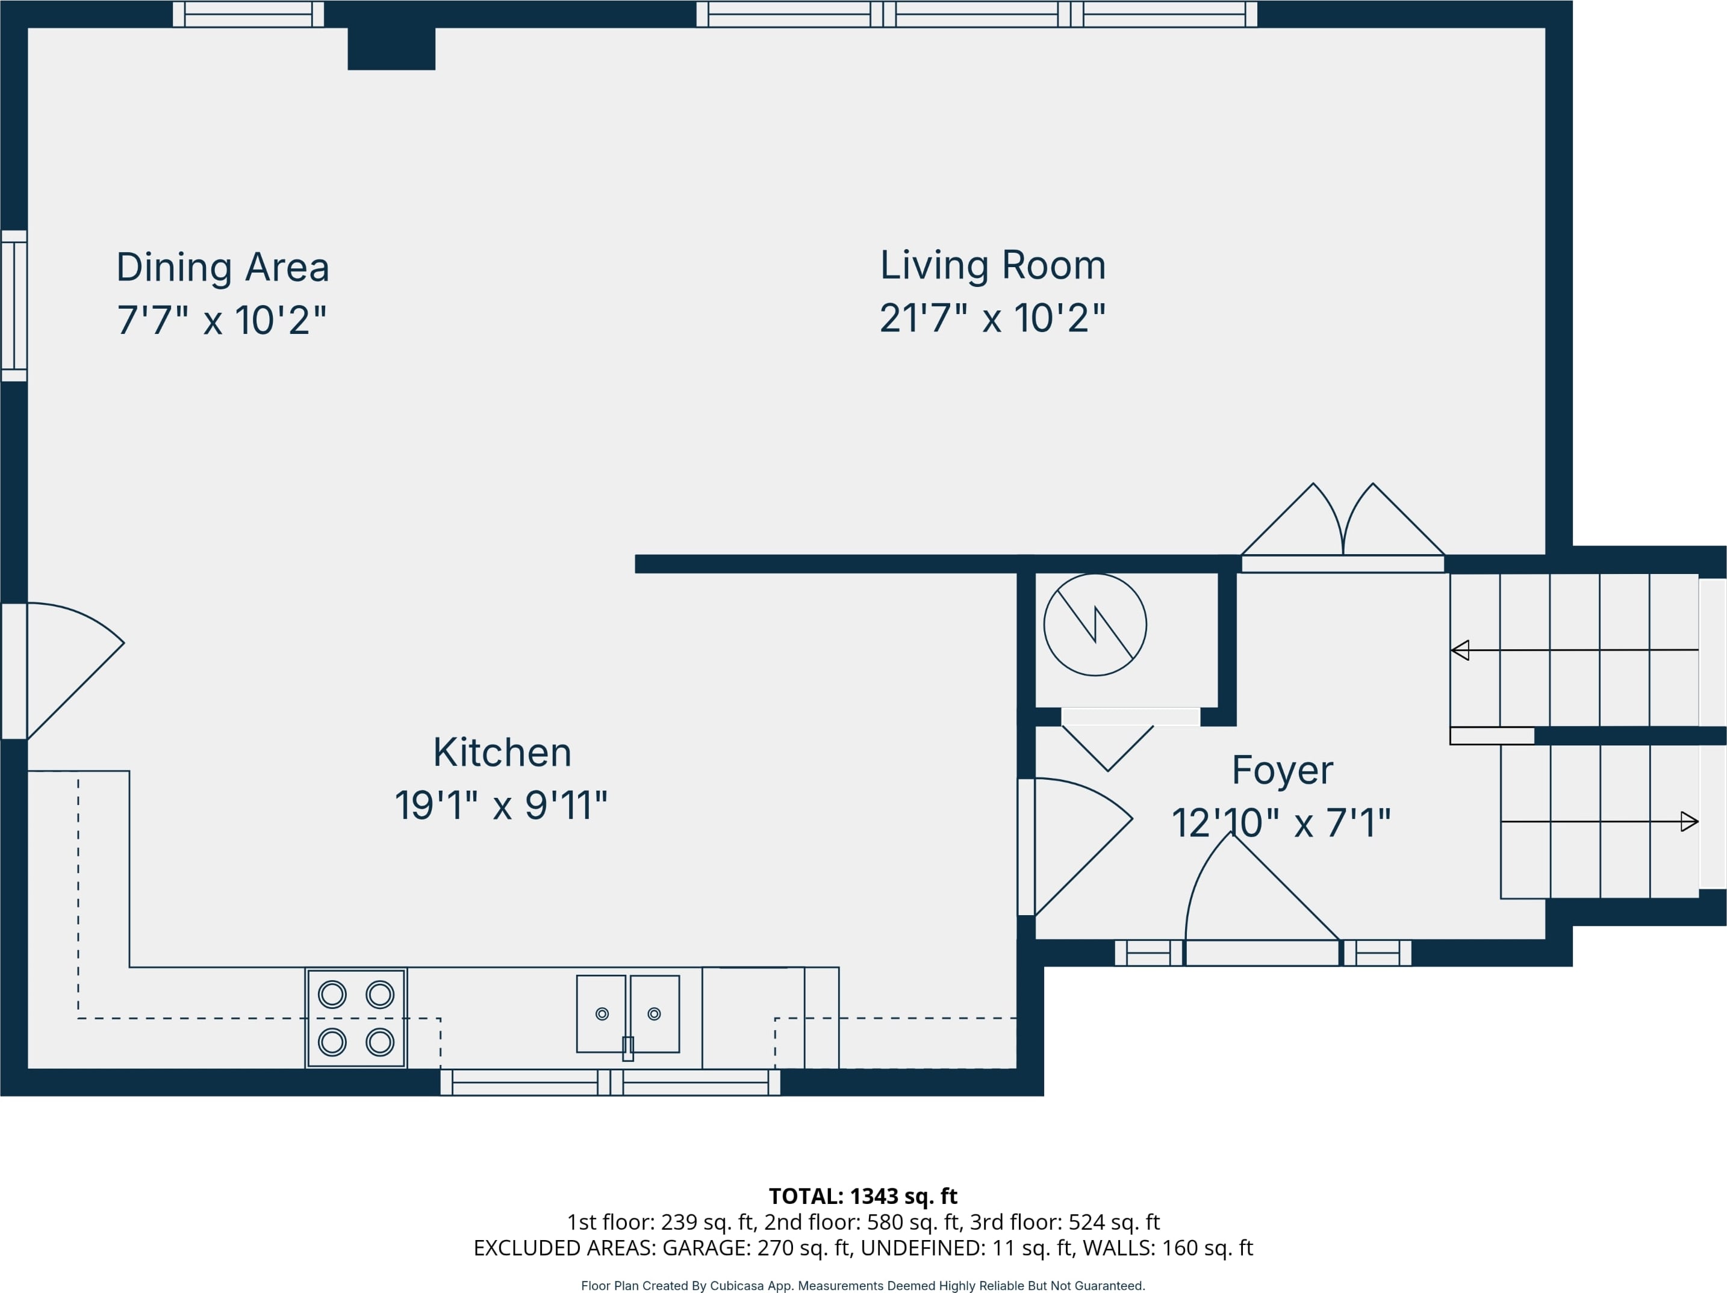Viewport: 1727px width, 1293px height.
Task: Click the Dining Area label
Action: pos(223,268)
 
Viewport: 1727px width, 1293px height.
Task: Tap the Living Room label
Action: pos(993,265)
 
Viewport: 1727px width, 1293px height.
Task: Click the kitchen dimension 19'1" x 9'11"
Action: pos(501,805)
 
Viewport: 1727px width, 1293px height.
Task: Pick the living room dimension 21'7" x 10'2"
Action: pos(993,318)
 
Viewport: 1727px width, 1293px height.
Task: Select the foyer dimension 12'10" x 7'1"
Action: pos(1281,823)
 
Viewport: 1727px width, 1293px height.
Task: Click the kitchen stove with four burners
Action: pos(356,1018)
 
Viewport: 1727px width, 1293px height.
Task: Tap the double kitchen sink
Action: pos(627,1014)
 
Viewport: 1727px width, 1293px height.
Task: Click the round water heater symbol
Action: pos(1095,625)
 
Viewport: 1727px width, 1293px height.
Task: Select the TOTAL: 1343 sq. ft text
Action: pos(863,1196)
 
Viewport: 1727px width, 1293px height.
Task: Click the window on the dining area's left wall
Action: pos(14,306)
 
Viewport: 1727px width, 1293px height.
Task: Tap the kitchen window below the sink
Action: pos(611,1082)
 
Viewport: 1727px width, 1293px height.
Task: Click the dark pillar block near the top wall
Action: pos(391,48)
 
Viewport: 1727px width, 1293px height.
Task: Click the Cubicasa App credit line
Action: pos(863,1285)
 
